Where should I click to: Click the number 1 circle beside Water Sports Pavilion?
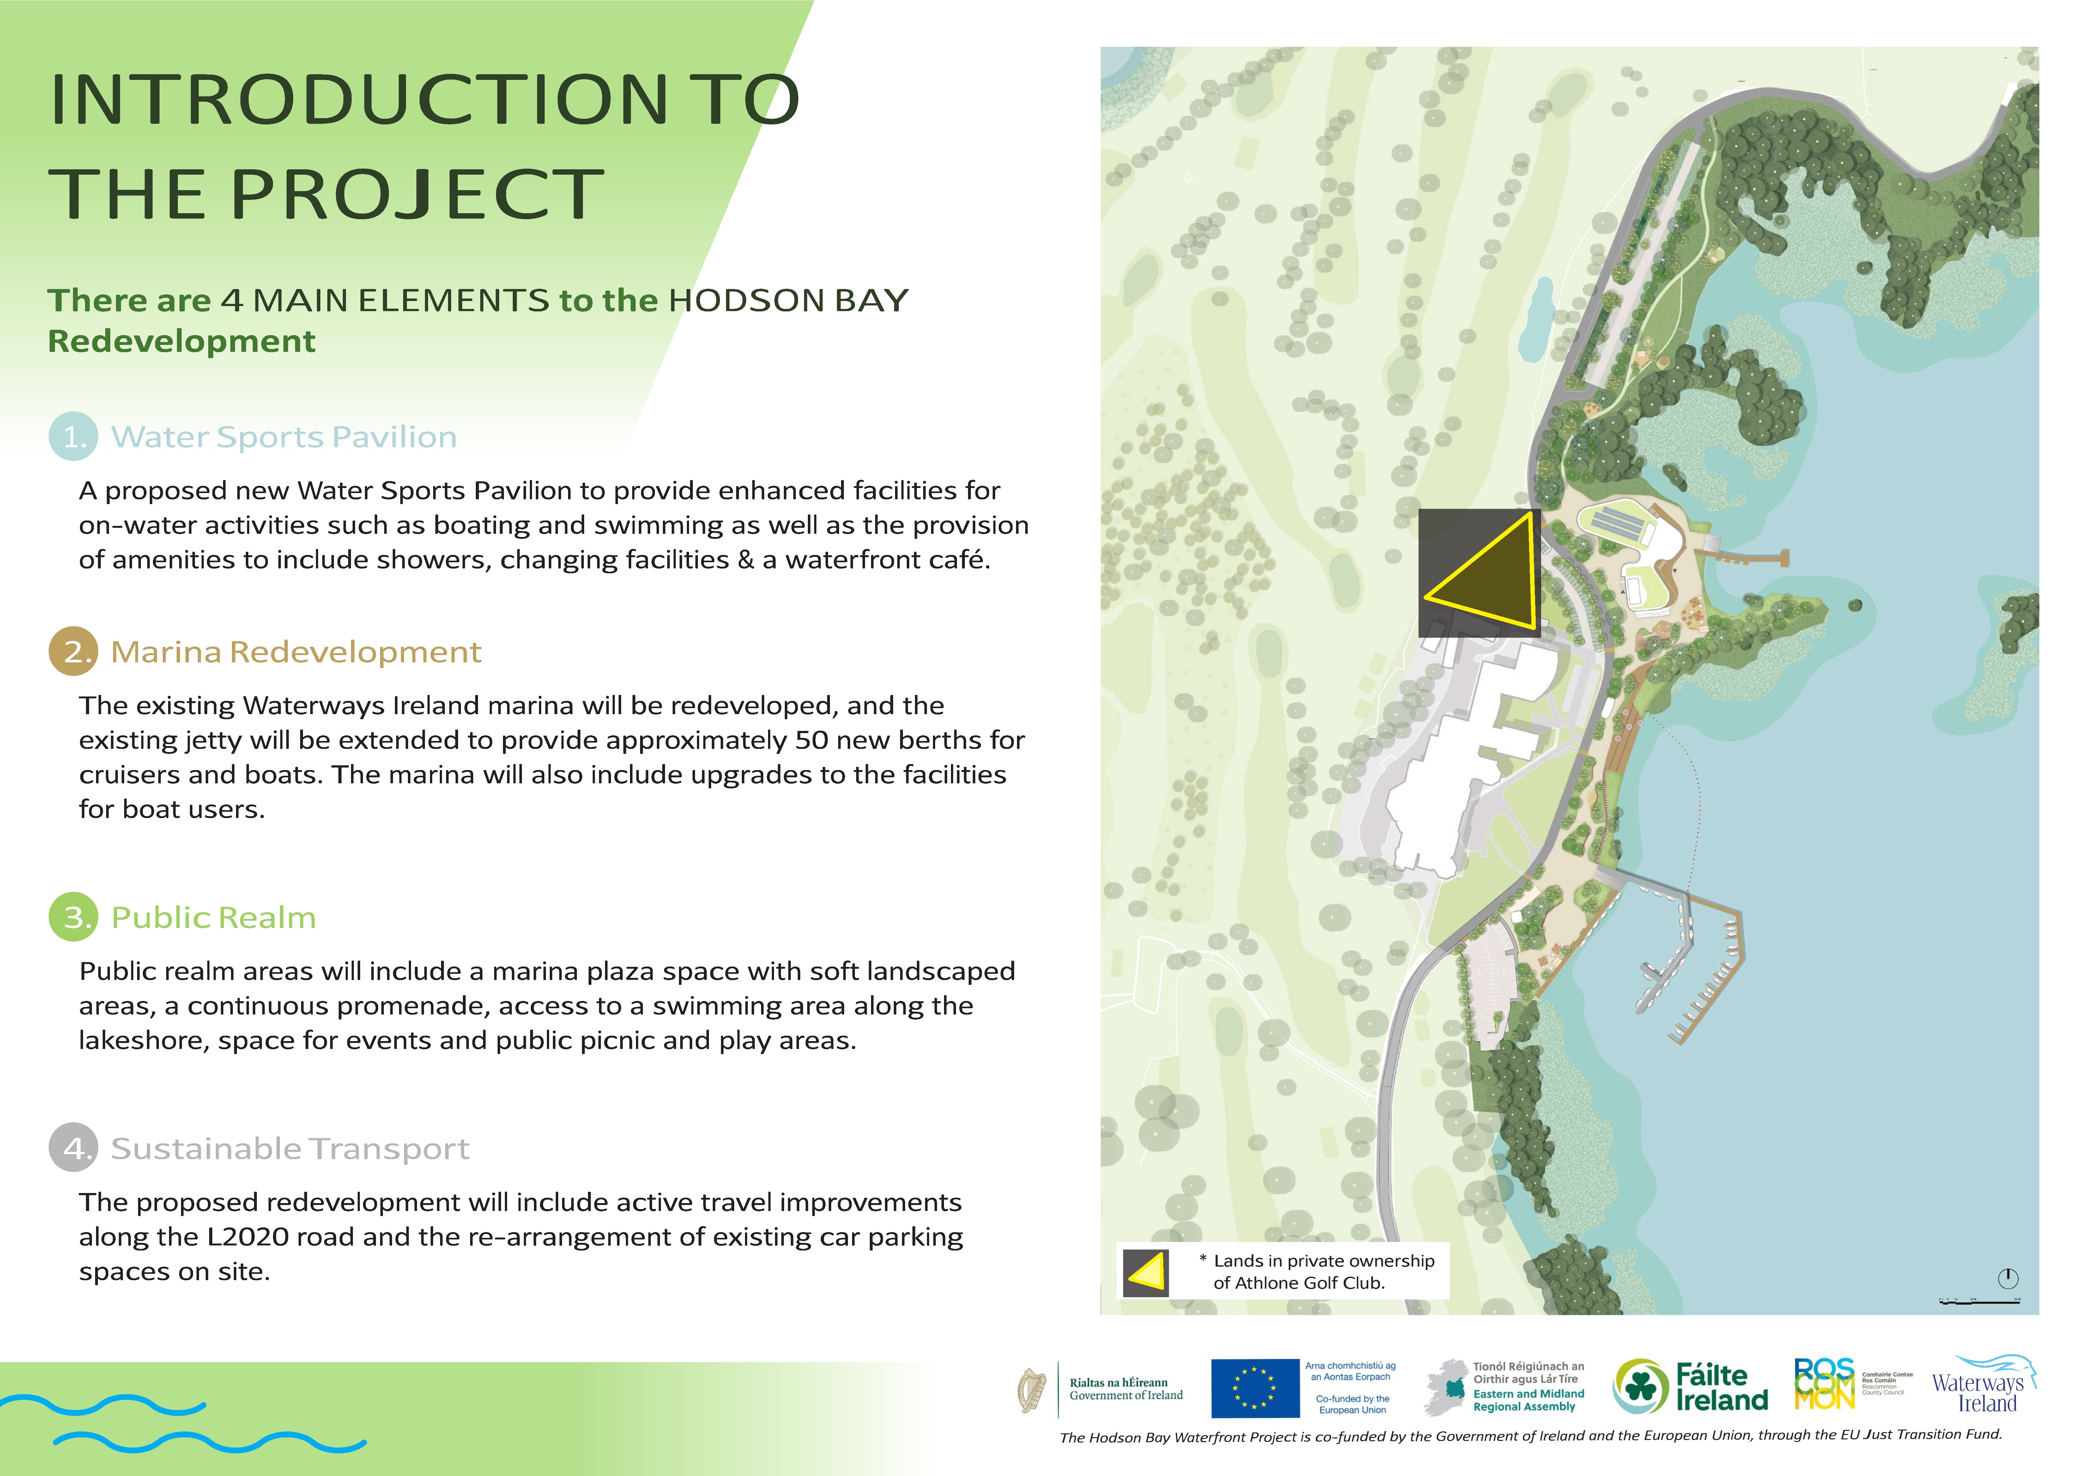point(73,437)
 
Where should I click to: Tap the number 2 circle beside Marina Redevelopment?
point(73,651)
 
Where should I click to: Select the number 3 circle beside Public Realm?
point(73,917)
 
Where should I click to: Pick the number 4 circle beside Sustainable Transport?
point(73,1148)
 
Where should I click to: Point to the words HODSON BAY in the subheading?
point(789,300)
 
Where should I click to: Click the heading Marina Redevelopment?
point(296,652)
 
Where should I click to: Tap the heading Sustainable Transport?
point(290,1148)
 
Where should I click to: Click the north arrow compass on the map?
point(2008,1278)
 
